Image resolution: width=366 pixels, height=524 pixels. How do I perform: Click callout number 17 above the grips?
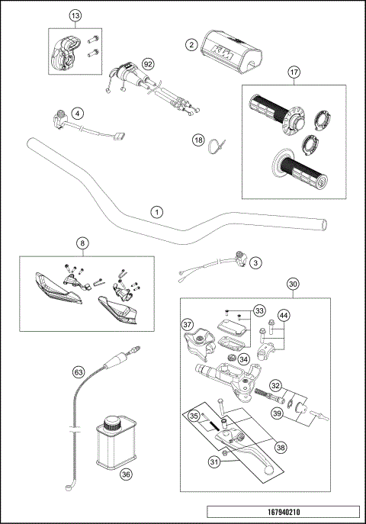point(292,73)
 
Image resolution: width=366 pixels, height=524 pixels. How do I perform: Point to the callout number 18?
point(198,140)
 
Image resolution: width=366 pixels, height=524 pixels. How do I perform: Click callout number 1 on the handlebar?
point(156,211)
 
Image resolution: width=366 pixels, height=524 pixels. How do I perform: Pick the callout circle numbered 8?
point(82,244)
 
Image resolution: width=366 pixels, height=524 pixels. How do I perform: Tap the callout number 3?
point(255,262)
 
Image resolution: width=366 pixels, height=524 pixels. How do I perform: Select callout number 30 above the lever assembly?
point(292,284)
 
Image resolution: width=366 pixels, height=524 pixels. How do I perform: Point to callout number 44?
point(283,315)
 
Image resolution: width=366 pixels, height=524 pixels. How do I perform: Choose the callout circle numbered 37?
point(188,326)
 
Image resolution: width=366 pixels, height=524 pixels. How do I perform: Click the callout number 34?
point(243,359)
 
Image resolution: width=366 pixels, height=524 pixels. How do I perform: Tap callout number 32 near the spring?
point(276,385)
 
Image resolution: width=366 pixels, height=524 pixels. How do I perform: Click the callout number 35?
point(194,416)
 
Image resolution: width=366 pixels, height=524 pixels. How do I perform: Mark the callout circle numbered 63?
point(78,372)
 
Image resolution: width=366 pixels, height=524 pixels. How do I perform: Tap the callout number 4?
point(76,114)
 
